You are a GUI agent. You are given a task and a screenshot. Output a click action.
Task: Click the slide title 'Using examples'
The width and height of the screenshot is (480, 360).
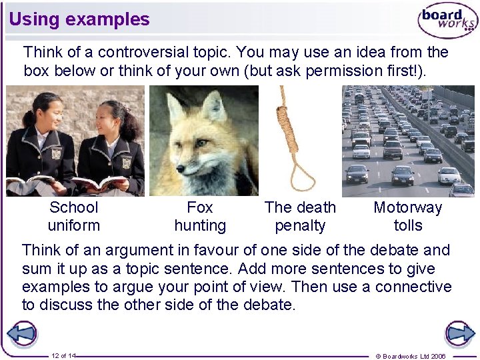point(79,19)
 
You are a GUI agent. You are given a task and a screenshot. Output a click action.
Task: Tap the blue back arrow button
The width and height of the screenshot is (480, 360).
point(22,333)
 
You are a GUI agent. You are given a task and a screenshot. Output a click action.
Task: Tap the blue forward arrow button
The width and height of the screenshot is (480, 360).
point(459,333)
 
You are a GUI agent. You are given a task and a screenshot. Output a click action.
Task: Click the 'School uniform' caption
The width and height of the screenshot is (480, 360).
point(73,217)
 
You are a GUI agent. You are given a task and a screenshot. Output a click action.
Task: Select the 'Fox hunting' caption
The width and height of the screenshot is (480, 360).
point(200,217)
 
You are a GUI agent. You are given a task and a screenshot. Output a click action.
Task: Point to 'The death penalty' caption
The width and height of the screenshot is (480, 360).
point(300,217)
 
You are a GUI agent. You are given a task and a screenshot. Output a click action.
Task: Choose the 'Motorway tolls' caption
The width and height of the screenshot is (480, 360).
point(408,217)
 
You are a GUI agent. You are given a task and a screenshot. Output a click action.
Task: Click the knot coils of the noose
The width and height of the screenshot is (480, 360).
point(289,127)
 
